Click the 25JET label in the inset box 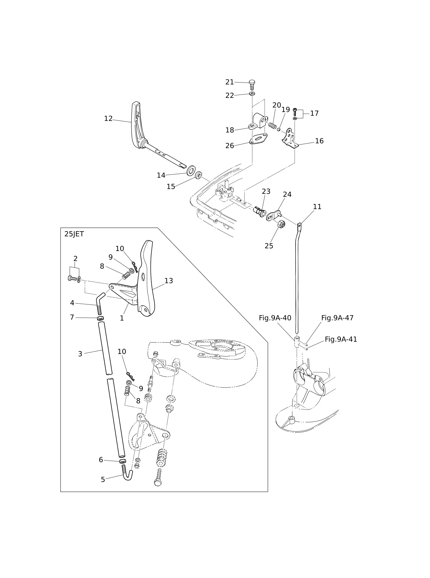[74, 234]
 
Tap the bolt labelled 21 [252, 85]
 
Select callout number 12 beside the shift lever [108, 119]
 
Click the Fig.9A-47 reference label [337, 318]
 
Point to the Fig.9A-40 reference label [275, 318]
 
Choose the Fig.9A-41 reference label [341, 339]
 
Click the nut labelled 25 [282, 224]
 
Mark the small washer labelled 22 [252, 93]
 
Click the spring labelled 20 [272, 125]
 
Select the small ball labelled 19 [278, 129]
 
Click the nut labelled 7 [100, 318]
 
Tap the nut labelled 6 [122, 461]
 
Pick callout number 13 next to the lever [169, 281]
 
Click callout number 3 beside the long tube [80, 354]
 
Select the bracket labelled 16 [290, 139]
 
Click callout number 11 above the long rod [317, 207]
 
